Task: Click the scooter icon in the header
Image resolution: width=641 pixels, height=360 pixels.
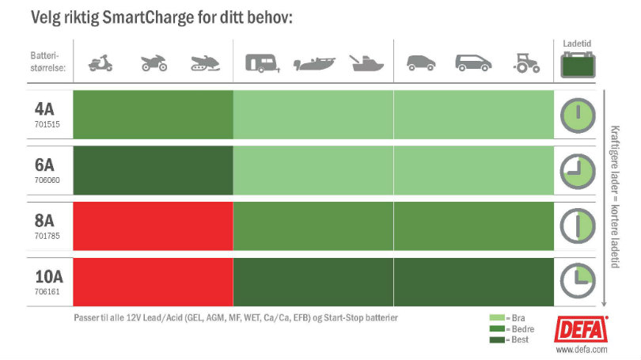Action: tap(101, 63)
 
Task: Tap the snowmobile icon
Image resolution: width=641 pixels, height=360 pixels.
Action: tap(205, 64)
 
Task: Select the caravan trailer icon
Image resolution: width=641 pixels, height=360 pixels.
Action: tap(261, 63)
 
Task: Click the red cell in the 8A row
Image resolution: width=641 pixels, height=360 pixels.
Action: tap(154, 226)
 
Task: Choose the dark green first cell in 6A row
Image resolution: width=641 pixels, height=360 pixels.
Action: tap(154, 171)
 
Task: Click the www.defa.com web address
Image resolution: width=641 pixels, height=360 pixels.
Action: tap(581, 347)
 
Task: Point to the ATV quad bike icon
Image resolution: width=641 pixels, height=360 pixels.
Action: tap(154, 63)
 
